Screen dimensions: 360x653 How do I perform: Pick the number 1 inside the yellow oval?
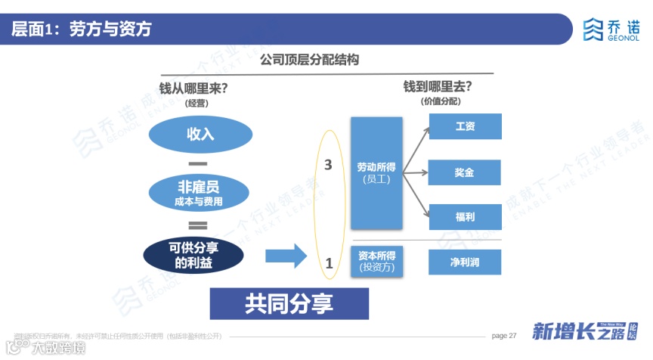pyautogui.click(x=329, y=264)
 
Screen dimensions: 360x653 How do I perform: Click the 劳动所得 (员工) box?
pyautogui.click(x=376, y=172)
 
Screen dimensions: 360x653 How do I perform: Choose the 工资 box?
pyautogui.click(x=465, y=126)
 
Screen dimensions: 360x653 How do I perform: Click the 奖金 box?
pyautogui.click(x=465, y=172)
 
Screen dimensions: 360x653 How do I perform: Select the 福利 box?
pyautogui.click(x=465, y=216)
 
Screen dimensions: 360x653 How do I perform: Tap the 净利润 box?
pyautogui.click(x=465, y=262)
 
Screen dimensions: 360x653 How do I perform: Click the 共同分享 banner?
pyautogui.click(x=289, y=303)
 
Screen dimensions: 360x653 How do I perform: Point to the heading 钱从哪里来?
pyautogui.click(x=194, y=88)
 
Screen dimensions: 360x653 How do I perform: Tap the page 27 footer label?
pyautogui.click(x=503, y=335)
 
